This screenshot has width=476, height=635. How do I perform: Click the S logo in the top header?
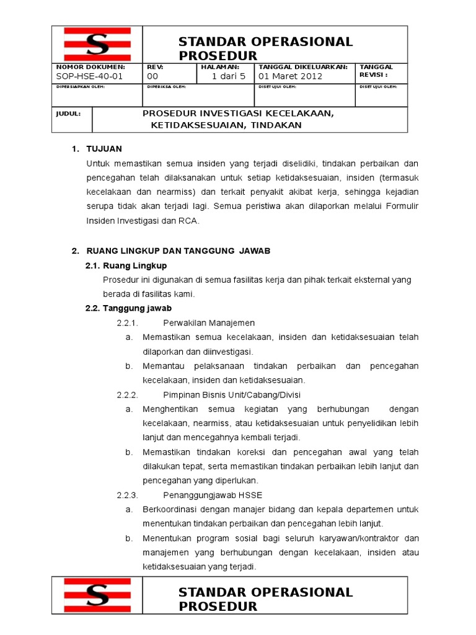(x=96, y=44)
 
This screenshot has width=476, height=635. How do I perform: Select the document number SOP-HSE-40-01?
(x=89, y=77)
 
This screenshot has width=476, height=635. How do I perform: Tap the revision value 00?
(x=152, y=77)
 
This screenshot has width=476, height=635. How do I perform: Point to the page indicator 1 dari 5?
(x=229, y=77)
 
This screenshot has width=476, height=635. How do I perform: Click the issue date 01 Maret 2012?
(x=290, y=77)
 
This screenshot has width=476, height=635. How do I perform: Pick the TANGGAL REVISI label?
(x=377, y=71)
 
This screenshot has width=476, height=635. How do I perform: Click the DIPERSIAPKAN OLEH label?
(x=81, y=87)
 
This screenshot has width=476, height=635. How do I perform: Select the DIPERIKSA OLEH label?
(x=167, y=87)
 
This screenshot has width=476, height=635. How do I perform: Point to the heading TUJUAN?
(x=105, y=149)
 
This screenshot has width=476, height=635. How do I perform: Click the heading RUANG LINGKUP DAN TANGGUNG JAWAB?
(x=178, y=251)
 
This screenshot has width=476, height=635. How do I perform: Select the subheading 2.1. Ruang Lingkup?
(x=126, y=266)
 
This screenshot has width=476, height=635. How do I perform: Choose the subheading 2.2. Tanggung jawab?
(x=128, y=308)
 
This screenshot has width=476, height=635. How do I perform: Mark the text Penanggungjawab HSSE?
(x=205, y=495)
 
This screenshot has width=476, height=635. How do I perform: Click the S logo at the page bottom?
(x=96, y=595)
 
